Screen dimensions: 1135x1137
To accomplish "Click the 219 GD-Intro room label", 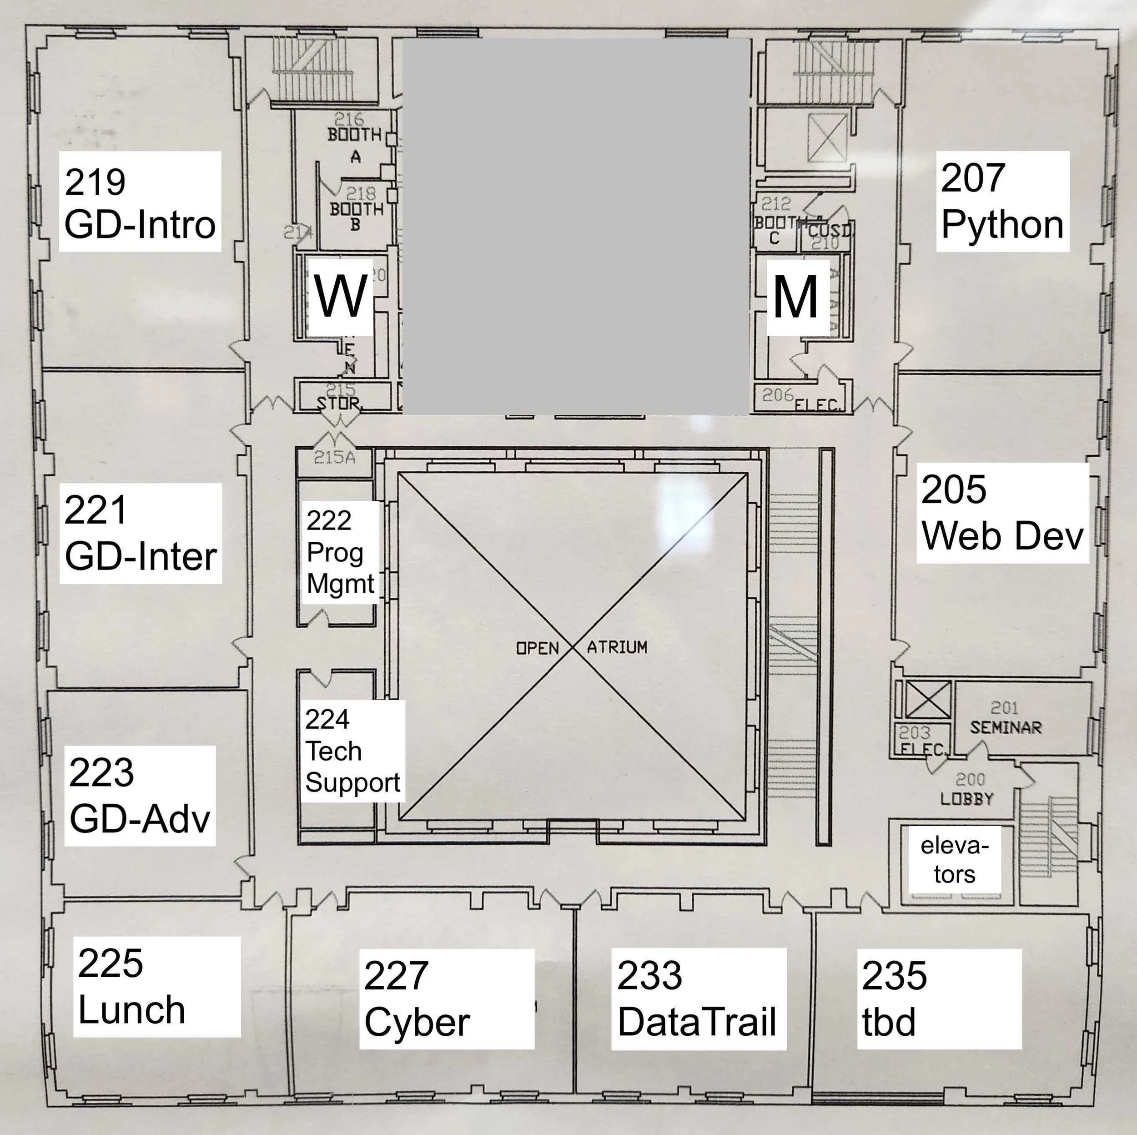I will point(140,202).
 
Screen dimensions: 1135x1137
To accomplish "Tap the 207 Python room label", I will point(1002,202).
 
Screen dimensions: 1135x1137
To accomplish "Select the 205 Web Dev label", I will point(1002,513).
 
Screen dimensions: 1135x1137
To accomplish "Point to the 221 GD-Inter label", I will point(140,533).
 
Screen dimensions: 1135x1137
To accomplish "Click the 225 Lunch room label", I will point(156,986).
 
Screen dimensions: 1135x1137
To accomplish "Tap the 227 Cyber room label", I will point(446,999).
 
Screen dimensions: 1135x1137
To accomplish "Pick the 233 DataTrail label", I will point(699,999).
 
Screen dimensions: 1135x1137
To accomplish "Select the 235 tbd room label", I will point(939,999).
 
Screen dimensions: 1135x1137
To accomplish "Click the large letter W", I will point(341,296).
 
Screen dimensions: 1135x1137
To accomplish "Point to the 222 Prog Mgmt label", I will point(340,552).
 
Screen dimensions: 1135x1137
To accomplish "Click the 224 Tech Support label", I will point(352,751).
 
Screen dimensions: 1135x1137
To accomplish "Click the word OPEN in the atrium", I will point(537,648).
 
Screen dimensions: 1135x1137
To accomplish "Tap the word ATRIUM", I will point(617,647).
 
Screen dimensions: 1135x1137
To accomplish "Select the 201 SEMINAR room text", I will point(1005,719).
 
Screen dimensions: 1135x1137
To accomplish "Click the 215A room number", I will point(334,457).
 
